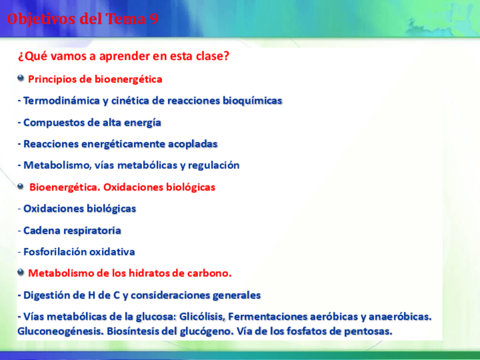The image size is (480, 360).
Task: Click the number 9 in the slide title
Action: pos(154,19)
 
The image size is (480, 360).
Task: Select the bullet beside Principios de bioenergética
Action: pos(20,78)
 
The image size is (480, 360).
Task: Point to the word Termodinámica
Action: pos(62,100)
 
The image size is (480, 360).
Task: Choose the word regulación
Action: pos(213,166)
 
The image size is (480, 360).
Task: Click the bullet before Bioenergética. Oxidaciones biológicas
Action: pos(20,186)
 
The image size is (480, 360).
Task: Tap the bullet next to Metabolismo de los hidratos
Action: pos(20,272)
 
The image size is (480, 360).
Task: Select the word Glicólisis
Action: pos(202,316)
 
